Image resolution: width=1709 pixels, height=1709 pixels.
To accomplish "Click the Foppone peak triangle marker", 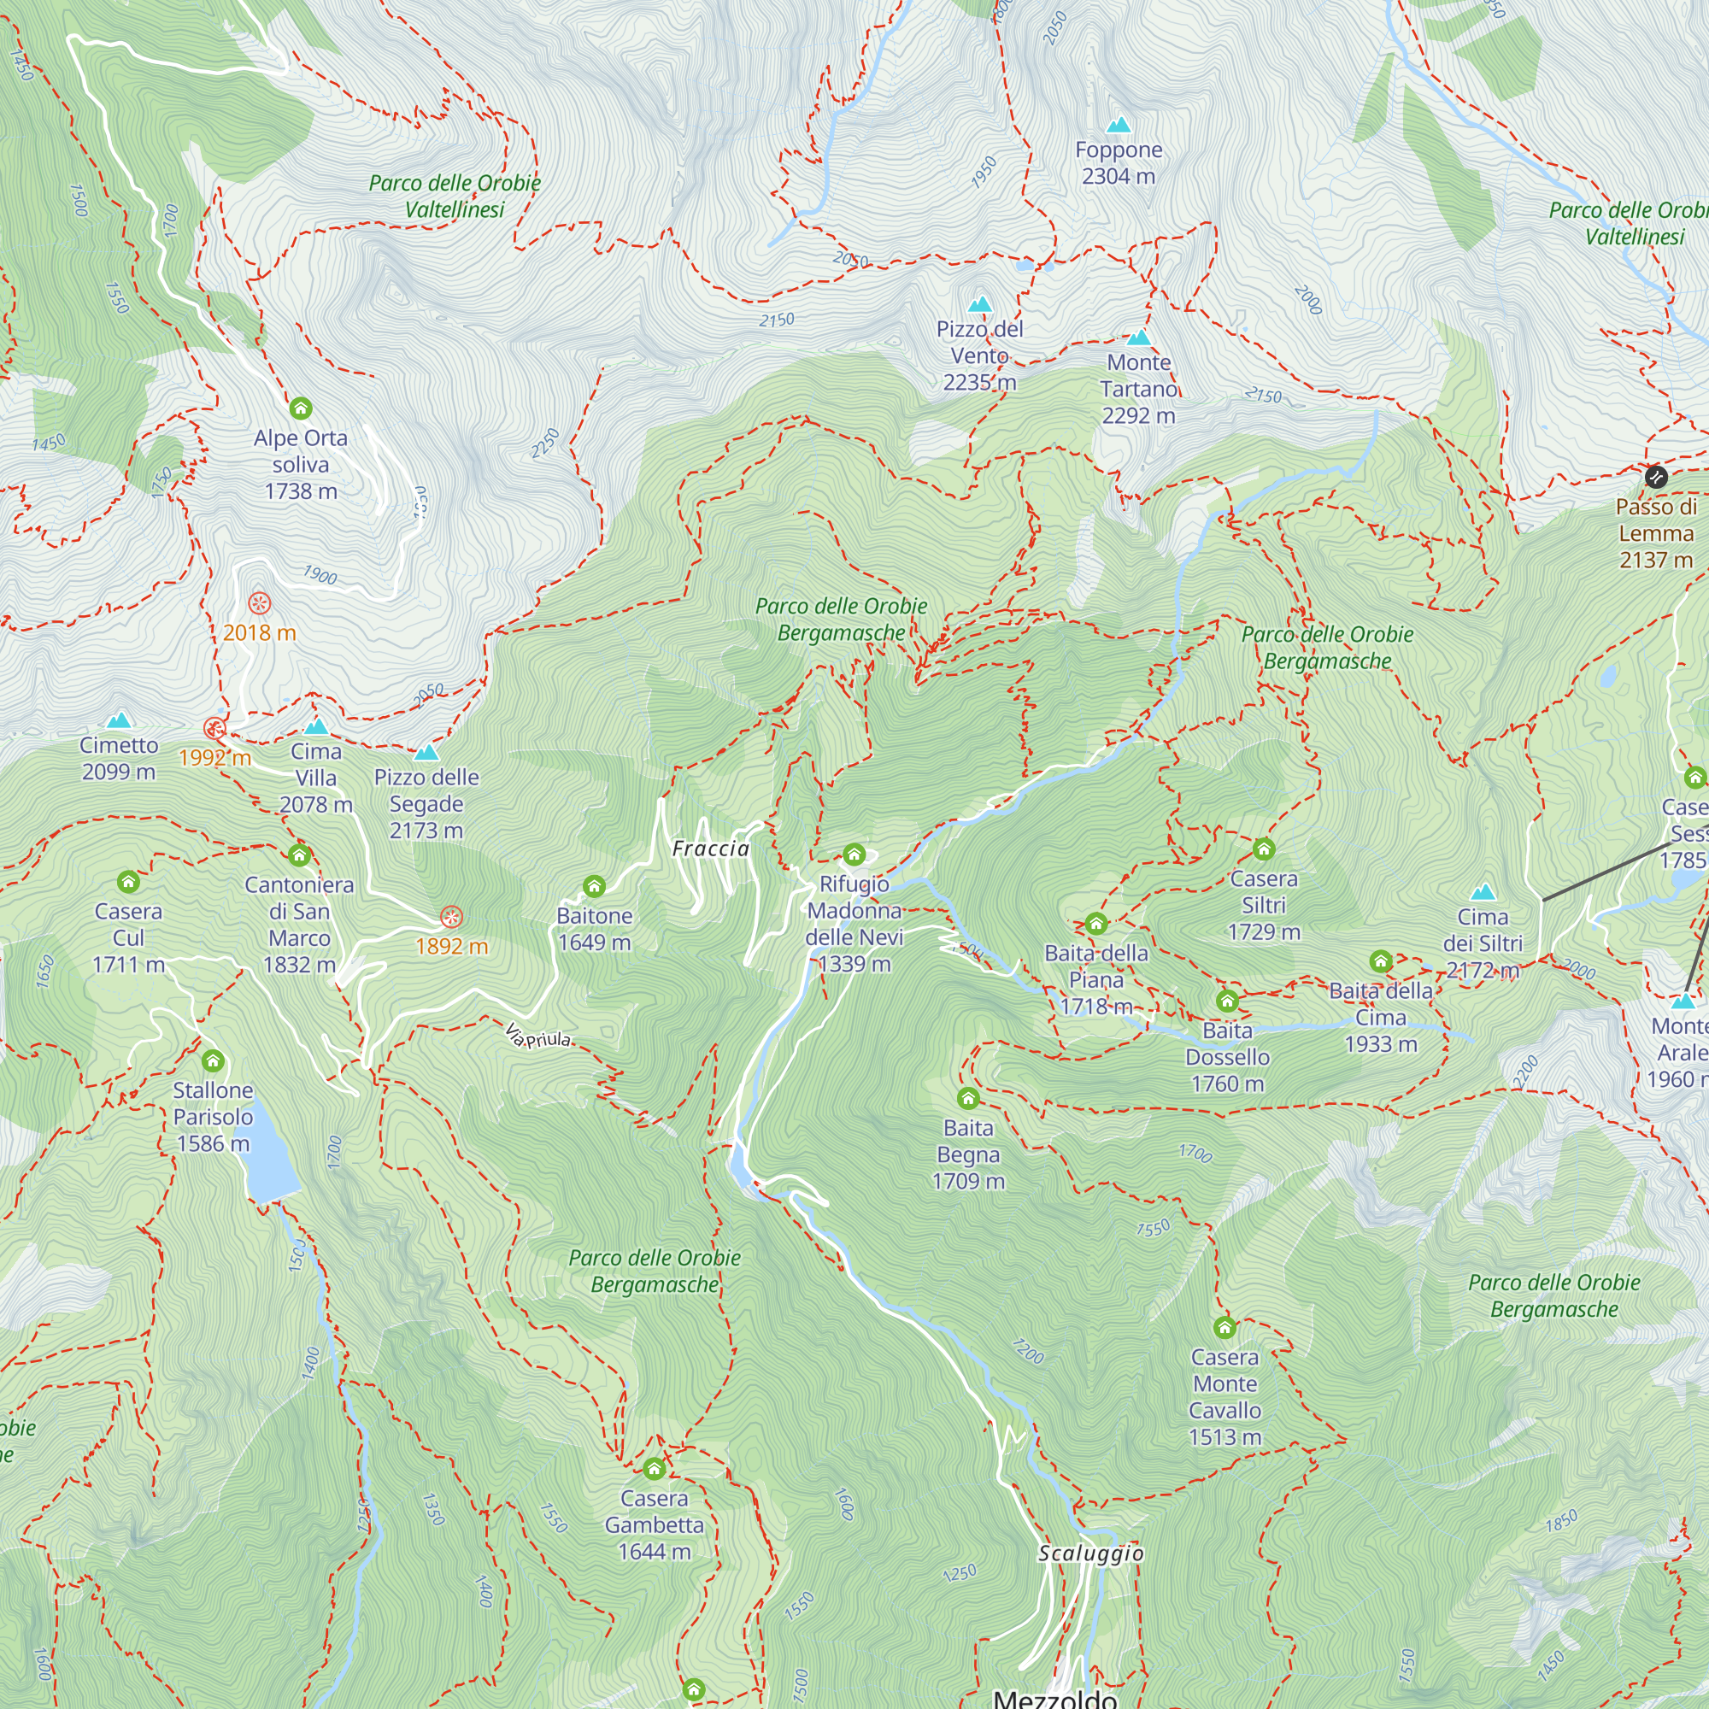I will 1119,125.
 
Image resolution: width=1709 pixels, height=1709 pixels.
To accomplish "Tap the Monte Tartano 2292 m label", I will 1138,389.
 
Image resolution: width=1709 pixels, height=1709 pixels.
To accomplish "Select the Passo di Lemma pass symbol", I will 1656,478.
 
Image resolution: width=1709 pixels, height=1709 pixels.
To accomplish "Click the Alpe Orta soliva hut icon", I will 301,408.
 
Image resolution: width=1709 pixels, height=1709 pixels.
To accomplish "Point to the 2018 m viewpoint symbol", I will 259,603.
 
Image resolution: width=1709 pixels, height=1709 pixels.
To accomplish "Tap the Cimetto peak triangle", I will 119,720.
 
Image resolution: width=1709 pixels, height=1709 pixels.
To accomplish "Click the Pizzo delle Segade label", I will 426,803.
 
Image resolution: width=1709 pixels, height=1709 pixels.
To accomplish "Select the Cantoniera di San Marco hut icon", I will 299,854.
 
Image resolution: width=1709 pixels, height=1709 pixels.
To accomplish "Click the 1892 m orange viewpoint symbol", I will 451,916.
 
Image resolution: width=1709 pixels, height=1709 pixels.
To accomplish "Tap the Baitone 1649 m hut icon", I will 595,885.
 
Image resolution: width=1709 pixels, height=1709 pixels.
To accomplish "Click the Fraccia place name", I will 710,849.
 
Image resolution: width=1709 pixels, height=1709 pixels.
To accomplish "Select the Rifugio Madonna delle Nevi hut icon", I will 854,854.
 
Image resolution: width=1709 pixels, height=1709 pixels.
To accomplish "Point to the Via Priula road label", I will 538,1036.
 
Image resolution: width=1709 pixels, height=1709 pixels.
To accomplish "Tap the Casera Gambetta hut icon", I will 654,1468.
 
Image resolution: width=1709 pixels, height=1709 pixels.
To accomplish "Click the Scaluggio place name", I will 1089,1553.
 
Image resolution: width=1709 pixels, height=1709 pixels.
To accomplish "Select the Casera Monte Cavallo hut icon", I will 1224,1327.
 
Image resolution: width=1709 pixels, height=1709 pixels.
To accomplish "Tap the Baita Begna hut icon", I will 968,1098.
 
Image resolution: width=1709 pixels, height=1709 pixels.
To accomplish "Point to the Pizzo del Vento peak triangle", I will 979,304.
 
